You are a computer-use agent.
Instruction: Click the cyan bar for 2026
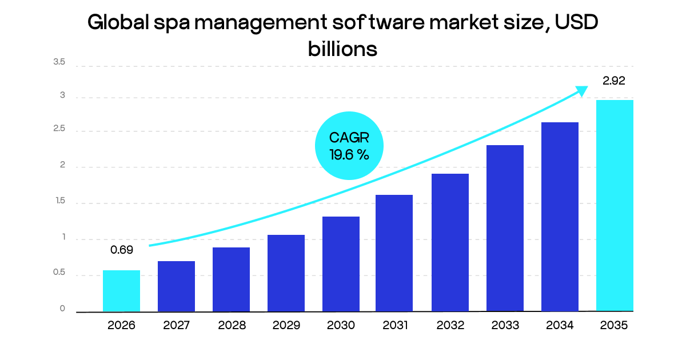[x=121, y=291]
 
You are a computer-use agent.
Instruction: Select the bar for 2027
[x=176, y=286]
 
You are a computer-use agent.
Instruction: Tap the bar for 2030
[x=341, y=264]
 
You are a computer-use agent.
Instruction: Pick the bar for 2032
[x=450, y=242]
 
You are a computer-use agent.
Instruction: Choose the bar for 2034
[x=560, y=217]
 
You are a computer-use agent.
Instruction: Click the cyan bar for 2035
[x=615, y=206]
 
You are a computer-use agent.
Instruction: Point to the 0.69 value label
[x=122, y=250]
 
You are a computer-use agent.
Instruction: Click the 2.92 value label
[x=614, y=81]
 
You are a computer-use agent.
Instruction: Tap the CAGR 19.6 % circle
[x=349, y=146]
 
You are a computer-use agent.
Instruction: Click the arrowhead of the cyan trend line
[x=581, y=91]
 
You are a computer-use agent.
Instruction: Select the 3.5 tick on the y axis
[x=59, y=62]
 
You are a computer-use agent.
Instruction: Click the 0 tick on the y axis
[x=63, y=309]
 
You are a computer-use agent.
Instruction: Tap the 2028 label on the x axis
[x=232, y=326]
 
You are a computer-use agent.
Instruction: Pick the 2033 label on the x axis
[x=505, y=326]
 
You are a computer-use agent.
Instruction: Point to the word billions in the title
[x=342, y=49]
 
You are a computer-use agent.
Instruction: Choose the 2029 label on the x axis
[x=286, y=326]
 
